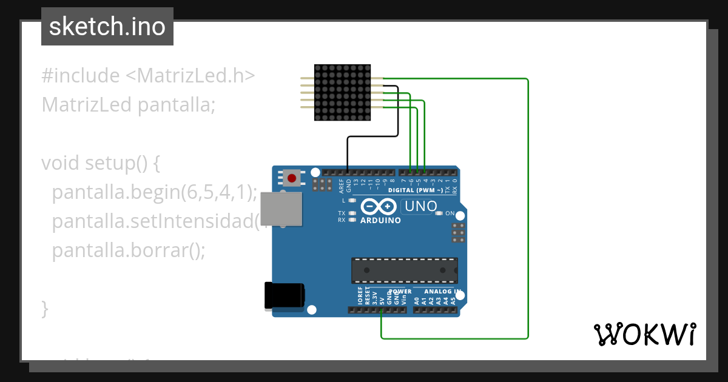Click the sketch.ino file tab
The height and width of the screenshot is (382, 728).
click(107, 27)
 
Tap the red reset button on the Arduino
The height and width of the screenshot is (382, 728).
click(292, 178)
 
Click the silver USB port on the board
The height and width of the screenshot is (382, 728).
click(281, 209)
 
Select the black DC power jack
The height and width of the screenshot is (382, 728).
click(283, 296)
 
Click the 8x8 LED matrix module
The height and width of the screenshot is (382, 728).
click(343, 92)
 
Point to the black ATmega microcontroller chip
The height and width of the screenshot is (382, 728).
click(405, 270)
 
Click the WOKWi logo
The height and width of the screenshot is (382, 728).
click(644, 334)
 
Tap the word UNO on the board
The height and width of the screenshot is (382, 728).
click(421, 207)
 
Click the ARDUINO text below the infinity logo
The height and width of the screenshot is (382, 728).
click(380, 221)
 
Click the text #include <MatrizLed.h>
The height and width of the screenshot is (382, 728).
click(148, 76)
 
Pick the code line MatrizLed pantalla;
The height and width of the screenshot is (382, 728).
click(129, 105)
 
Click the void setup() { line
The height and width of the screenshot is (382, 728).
click(100, 163)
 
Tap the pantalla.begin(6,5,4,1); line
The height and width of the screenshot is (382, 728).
click(155, 192)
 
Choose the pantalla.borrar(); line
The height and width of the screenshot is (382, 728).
click(129, 250)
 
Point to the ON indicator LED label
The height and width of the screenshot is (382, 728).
click(450, 213)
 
